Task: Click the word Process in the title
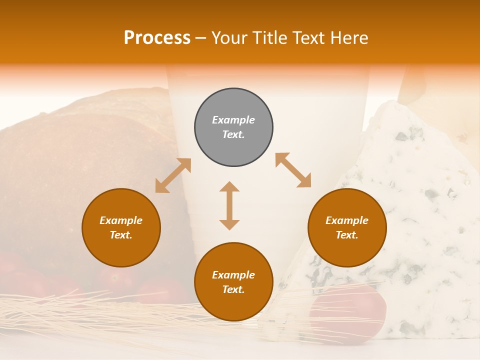point(157,37)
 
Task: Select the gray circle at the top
point(233,127)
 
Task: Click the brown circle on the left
point(121,227)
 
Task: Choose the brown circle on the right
point(347,227)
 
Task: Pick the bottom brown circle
point(233,282)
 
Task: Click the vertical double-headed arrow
point(229,205)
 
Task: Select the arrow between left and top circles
point(173,175)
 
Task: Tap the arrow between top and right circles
point(293,170)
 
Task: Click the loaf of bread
point(75,165)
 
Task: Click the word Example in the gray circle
point(233,120)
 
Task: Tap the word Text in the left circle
point(121,235)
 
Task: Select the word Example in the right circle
point(347,220)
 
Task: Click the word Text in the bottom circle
point(233,289)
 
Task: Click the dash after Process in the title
point(200,38)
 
